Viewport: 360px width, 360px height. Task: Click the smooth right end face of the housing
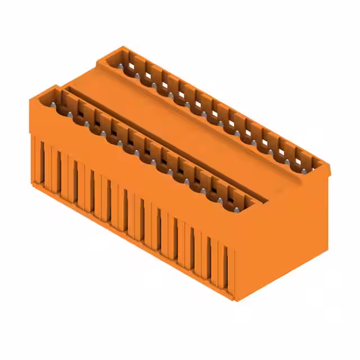pyautogui.click(x=287, y=236)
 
